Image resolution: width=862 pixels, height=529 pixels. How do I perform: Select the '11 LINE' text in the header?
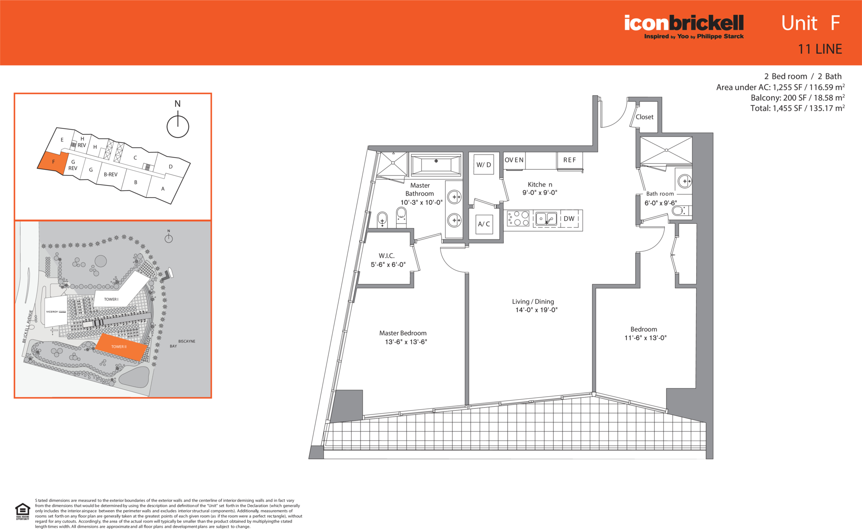pos(820,49)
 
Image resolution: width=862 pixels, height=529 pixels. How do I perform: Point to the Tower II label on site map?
pos(119,347)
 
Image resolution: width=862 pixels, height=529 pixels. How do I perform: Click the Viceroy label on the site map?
pos(52,312)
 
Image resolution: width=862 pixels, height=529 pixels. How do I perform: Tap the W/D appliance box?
pos(484,165)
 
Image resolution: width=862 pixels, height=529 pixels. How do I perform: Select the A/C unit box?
pos(484,224)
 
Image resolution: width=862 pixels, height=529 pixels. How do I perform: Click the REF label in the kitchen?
pos(569,160)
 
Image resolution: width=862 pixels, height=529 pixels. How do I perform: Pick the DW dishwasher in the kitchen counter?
pos(569,219)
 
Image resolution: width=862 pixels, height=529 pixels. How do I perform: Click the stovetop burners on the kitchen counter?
pos(518,219)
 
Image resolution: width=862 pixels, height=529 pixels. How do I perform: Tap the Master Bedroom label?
pos(403,333)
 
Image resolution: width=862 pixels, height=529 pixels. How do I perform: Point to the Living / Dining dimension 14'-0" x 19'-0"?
pos(536,310)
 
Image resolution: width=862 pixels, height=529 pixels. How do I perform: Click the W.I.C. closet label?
pos(387,256)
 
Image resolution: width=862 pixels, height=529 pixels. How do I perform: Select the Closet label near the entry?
pos(644,117)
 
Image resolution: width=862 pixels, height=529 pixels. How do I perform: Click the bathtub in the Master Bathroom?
pos(436,165)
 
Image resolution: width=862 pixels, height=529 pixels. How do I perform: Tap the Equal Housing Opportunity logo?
pos(23,512)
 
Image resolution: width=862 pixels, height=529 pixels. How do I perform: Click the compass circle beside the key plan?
pos(178,127)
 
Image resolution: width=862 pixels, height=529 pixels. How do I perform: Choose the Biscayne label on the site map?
pos(187,341)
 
